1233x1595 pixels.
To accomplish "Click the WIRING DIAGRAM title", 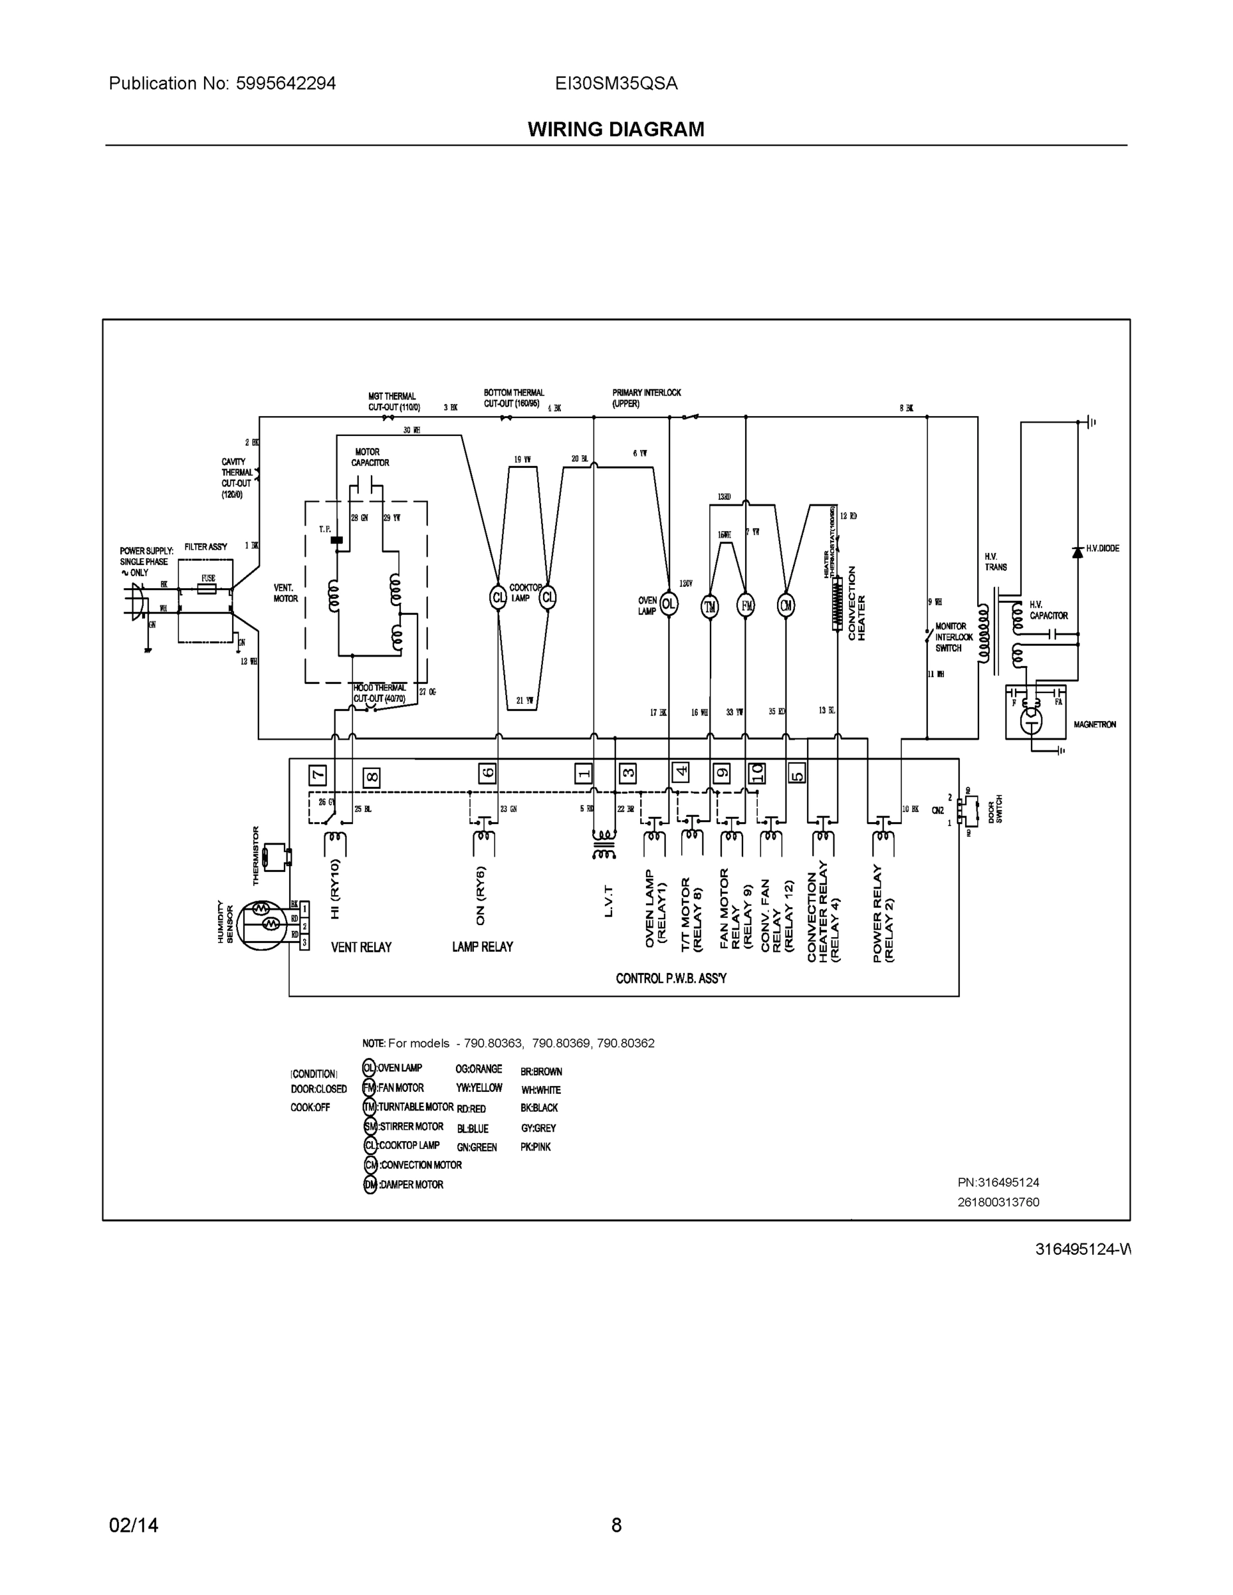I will pyautogui.click(x=616, y=130).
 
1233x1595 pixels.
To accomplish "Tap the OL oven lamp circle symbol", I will pyautogui.click(x=669, y=604).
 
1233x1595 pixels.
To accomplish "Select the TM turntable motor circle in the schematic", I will pyautogui.click(x=709, y=606).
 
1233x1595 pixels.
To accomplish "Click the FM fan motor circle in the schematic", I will pyautogui.click(x=745, y=606).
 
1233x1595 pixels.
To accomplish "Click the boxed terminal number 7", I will pyautogui.click(x=318, y=775).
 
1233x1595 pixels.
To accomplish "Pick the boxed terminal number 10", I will pyautogui.click(x=756, y=773).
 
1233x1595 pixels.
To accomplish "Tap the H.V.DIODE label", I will pyautogui.click(x=1102, y=548).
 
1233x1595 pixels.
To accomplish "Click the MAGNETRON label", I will pyautogui.click(x=1094, y=724).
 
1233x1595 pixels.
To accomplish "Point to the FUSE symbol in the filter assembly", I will pyautogui.click(x=207, y=588).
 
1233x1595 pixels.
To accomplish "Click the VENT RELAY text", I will pyautogui.click(x=361, y=947).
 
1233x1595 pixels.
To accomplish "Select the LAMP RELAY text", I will pyautogui.click(x=482, y=946).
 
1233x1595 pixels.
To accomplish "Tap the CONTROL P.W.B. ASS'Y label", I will pyautogui.click(x=671, y=978).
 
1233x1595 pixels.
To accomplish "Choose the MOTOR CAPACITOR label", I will pyautogui.click(x=370, y=457).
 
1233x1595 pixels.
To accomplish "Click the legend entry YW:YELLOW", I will pyautogui.click(x=479, y=1088).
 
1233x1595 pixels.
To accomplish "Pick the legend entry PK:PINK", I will pyautogui.click(x=536, y=1146).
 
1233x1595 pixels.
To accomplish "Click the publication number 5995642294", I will pyautogui.click(x=286, y=83).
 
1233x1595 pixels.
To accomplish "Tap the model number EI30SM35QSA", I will pyautogui.click(x=616, y=83).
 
